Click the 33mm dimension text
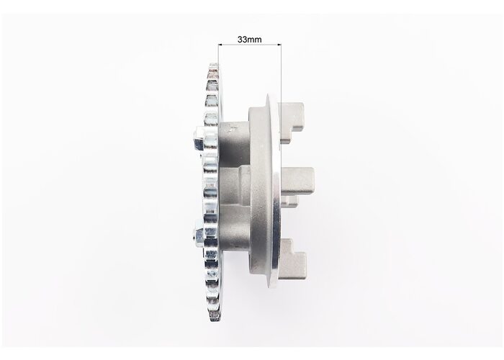(249, 40)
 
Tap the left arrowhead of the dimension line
(220, 45)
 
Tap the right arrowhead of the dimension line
(279, 45)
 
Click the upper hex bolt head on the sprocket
(199, 139)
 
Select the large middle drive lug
(297, 181)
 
